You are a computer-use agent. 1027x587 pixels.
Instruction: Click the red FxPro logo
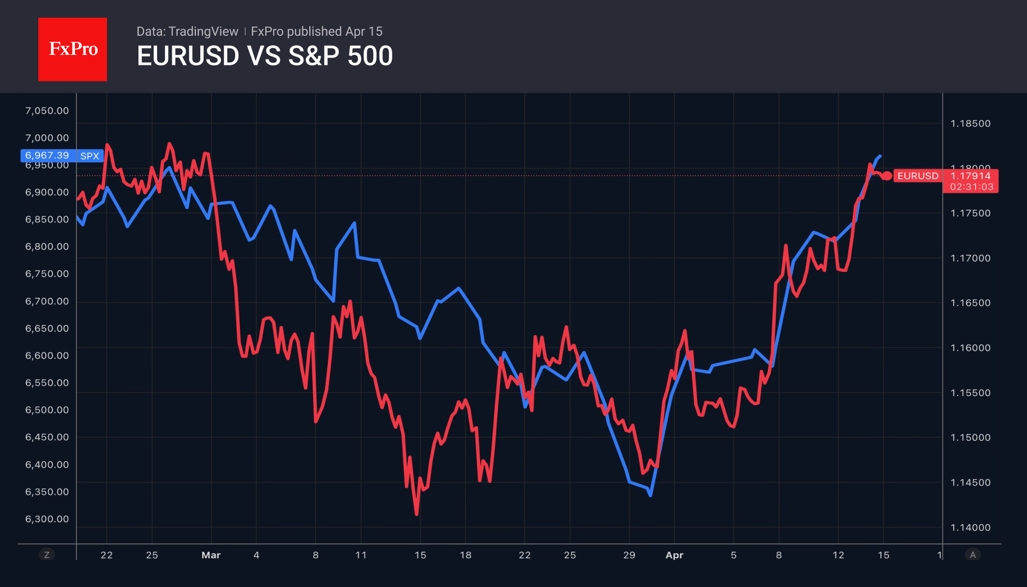click(73, 49)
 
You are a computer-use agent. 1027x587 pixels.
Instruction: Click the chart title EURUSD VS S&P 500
click(265, 56)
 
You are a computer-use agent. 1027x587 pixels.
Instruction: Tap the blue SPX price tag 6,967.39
click(47, 156)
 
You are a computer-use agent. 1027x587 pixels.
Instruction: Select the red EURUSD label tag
click(918, 176)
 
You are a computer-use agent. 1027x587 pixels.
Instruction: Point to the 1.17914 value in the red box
click(971, 176)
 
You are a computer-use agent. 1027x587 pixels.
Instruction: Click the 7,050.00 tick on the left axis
click(47, 111)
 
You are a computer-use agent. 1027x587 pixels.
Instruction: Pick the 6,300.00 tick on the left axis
click(47, 519)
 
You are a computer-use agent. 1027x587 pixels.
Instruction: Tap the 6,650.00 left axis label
click(47, 328)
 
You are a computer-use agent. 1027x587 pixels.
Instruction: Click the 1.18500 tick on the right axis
click(971, 124)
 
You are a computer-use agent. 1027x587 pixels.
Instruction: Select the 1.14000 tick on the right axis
click(971, 528)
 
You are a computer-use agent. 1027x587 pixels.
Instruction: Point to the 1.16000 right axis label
click(971, 348)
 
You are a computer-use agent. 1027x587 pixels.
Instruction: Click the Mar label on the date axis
click(211, 555)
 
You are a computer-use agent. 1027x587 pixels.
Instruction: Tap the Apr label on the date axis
click(674, 555)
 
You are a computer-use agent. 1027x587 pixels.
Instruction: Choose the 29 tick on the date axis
click(629, 555)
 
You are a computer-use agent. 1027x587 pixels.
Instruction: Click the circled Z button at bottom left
click(47, 555)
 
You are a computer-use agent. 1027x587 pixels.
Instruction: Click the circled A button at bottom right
click(973, 555)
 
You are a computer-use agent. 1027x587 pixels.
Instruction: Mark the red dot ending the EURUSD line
click(887, 176)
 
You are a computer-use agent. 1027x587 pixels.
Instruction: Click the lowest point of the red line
click(416, 514)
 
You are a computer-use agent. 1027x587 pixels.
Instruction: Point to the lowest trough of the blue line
click(650, 495)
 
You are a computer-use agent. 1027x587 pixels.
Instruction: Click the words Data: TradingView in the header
click(187, 31)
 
